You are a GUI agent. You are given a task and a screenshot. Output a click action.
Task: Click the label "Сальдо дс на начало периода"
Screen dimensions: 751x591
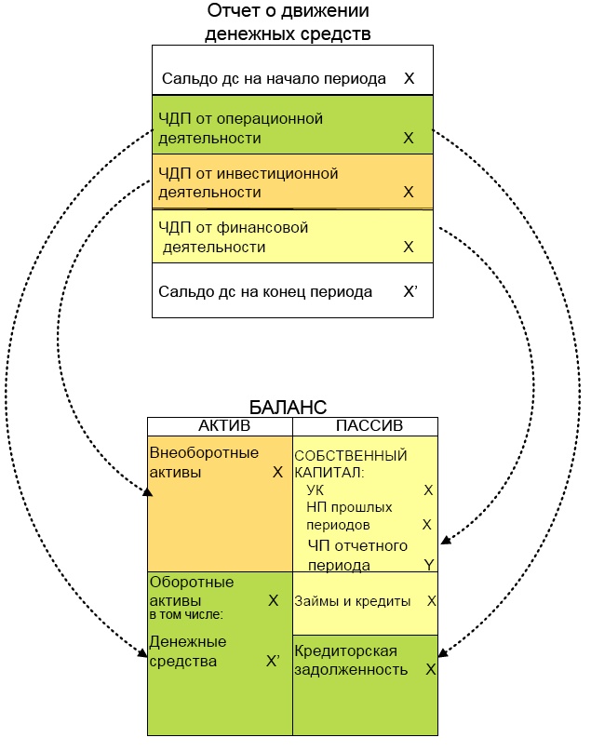click(x=274, y=79)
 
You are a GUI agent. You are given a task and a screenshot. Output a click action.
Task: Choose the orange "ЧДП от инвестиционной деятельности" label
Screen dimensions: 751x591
click(x=248, y=182)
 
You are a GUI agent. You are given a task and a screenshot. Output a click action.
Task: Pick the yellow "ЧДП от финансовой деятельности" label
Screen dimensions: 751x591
click(x=233, y=236)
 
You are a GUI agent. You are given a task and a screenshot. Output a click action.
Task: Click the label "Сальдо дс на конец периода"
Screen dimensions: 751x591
click(x=265, y=291)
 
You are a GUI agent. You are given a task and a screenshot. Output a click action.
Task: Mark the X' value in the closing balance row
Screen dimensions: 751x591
click(x=410, y=291)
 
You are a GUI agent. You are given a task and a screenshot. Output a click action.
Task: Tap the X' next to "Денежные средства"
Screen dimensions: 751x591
click(x=273, y=662)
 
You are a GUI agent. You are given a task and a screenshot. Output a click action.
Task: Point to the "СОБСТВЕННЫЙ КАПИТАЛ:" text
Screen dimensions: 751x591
click(x=351, y=463)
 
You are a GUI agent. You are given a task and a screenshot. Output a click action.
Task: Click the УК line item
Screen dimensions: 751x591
click(x=315, y=489)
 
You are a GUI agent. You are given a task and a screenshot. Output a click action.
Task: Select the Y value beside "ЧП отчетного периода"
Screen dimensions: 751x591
click(x=428, y=564)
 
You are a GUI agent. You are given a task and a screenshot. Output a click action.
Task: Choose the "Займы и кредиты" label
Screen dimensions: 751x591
click(x=353, y=601)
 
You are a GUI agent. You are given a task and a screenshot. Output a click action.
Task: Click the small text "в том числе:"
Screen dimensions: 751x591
click(x=186, y=615)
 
